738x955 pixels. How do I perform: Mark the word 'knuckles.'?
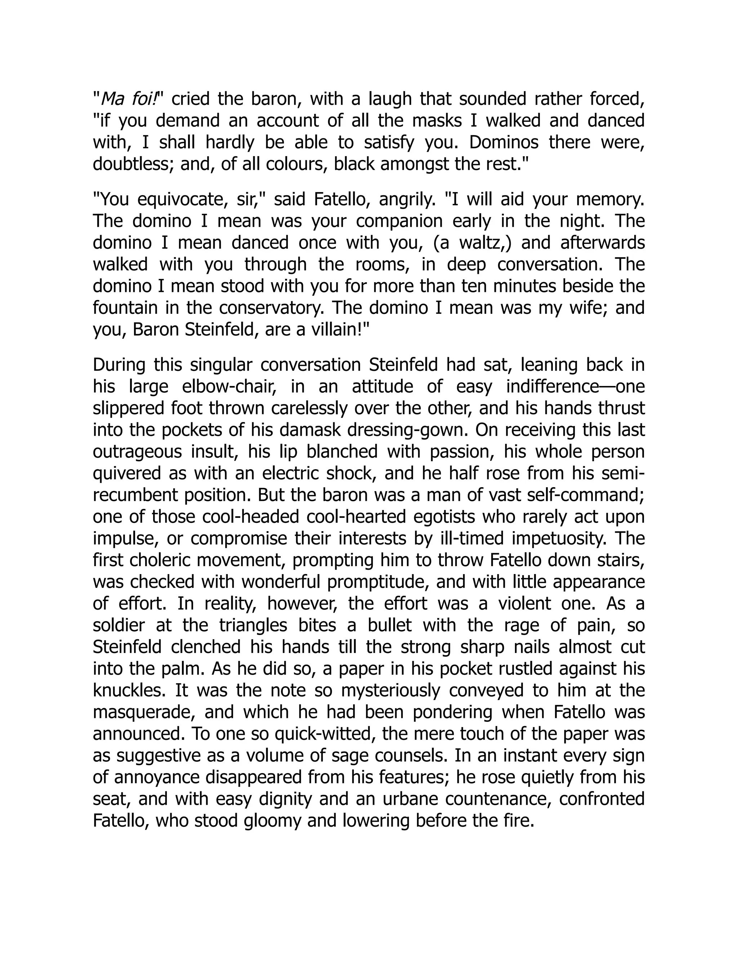[x=129, y=690]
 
